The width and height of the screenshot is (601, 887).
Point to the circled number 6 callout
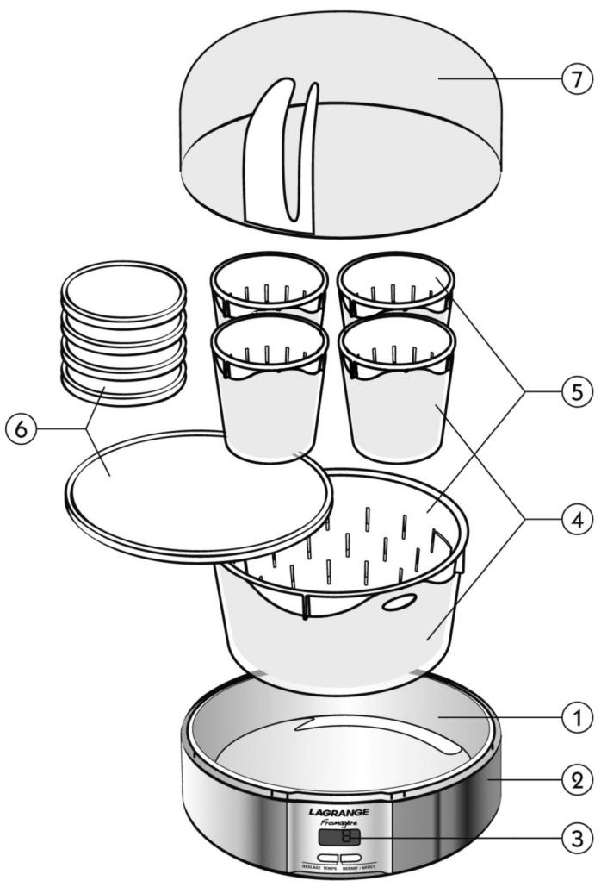[23, 428]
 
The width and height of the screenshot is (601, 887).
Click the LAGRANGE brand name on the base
[338, 812]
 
